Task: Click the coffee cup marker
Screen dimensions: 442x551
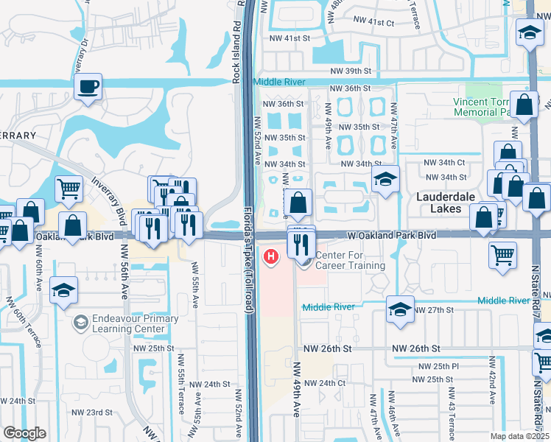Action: point(88,88)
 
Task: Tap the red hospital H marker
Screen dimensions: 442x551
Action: point(272,257)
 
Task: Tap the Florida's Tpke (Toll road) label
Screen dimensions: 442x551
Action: point(249,261)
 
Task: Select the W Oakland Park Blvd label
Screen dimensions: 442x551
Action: point(391,235)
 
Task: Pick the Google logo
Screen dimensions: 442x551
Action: point(24,433)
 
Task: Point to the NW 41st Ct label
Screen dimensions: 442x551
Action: point(373,23)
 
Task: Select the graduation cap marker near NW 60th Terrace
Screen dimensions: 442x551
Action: point(64,290)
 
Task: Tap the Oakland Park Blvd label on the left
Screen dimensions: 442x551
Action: point(78,236)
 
